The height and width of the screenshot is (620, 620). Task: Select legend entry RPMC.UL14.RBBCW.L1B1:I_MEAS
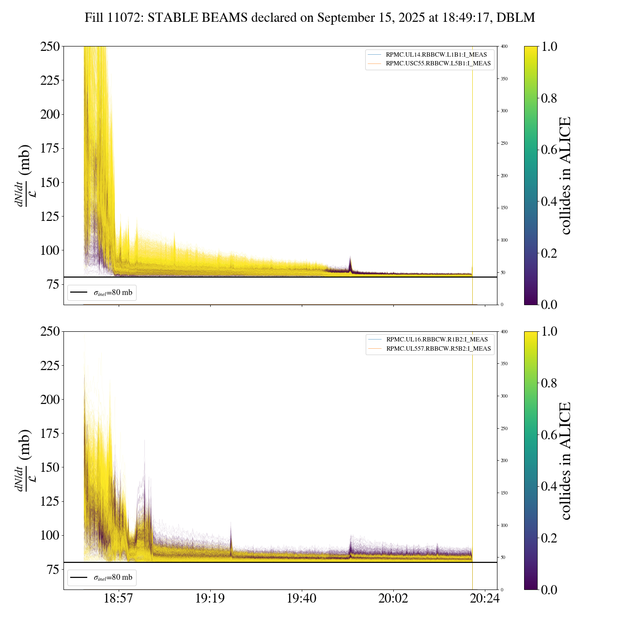pos(436,55)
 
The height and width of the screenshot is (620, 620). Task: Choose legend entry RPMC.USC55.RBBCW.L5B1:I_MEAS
pos(438,63)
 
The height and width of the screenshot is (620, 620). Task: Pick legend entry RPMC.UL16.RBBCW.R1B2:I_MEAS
pos(436,340)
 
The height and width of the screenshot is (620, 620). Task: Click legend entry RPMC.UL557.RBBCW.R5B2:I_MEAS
pos(438,349)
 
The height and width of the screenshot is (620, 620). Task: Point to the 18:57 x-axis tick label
pos(119,599)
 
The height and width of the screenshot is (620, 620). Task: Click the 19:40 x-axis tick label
pos(302,599)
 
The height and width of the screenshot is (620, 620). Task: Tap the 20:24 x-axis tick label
pos(485,599)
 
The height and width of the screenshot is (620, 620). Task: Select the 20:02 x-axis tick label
pos(393,599)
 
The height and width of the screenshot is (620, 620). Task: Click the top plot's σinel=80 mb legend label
pos(112,293)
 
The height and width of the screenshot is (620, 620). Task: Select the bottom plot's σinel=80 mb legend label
pos(112,578)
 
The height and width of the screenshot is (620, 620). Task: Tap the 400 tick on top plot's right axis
pos(504,46)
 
